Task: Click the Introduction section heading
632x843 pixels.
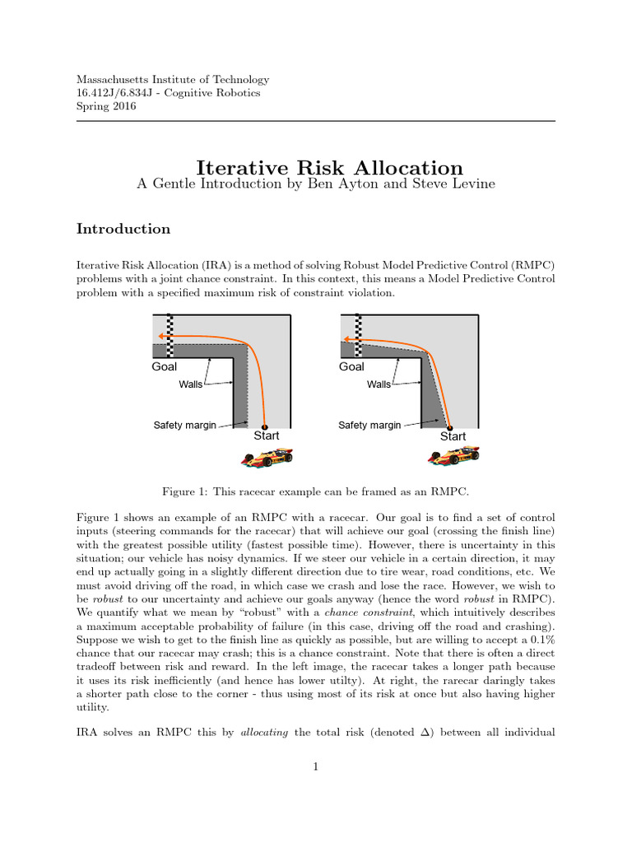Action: tap(123, 229)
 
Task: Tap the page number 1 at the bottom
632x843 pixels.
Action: tap(316, 767)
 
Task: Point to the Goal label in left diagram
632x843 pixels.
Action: tap(165, 366)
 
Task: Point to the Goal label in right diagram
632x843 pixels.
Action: tap(351, 366)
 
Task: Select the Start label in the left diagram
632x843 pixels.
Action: tap(266, 435)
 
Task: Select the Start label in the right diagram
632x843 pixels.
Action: tap(453, 436)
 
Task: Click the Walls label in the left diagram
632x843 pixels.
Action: tap(190, 384)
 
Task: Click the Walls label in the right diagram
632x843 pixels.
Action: tap(379, 384)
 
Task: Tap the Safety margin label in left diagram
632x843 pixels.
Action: tap(184, 426)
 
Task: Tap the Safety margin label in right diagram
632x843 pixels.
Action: tap(369, 426)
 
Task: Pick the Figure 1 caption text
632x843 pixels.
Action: tap(315, 491)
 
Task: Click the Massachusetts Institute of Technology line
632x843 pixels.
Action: tap(173, 80)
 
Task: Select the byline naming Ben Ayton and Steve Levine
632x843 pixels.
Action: tap(316, 184)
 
